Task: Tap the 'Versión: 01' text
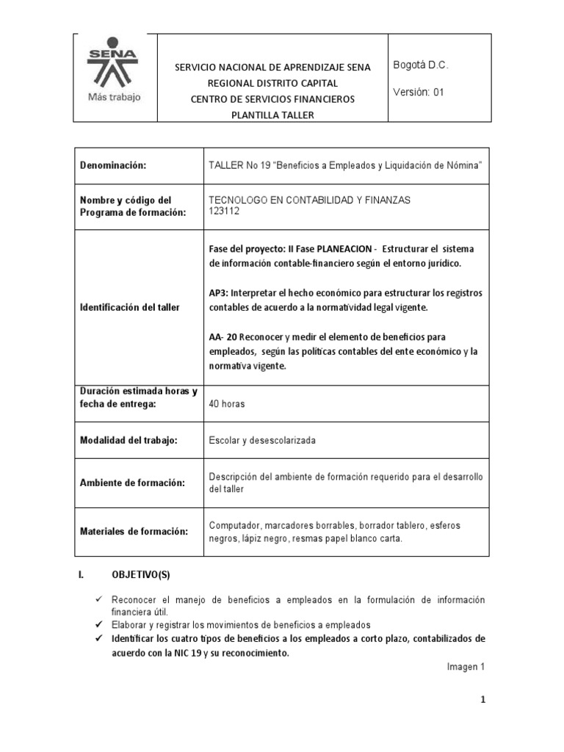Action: coord(419,93)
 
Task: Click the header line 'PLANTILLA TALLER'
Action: coord(272,115)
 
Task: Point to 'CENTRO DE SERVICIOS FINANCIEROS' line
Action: coord(272,99)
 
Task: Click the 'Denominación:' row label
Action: coord(113,166)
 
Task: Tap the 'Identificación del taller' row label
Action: coord(129,306)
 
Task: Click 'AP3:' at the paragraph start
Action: coord(219,292)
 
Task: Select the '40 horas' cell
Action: coord(227,404)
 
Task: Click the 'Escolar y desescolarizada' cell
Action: coord(262,440)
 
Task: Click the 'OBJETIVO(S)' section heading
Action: coord(140,574)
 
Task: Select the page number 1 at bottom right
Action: coord(483,701)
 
